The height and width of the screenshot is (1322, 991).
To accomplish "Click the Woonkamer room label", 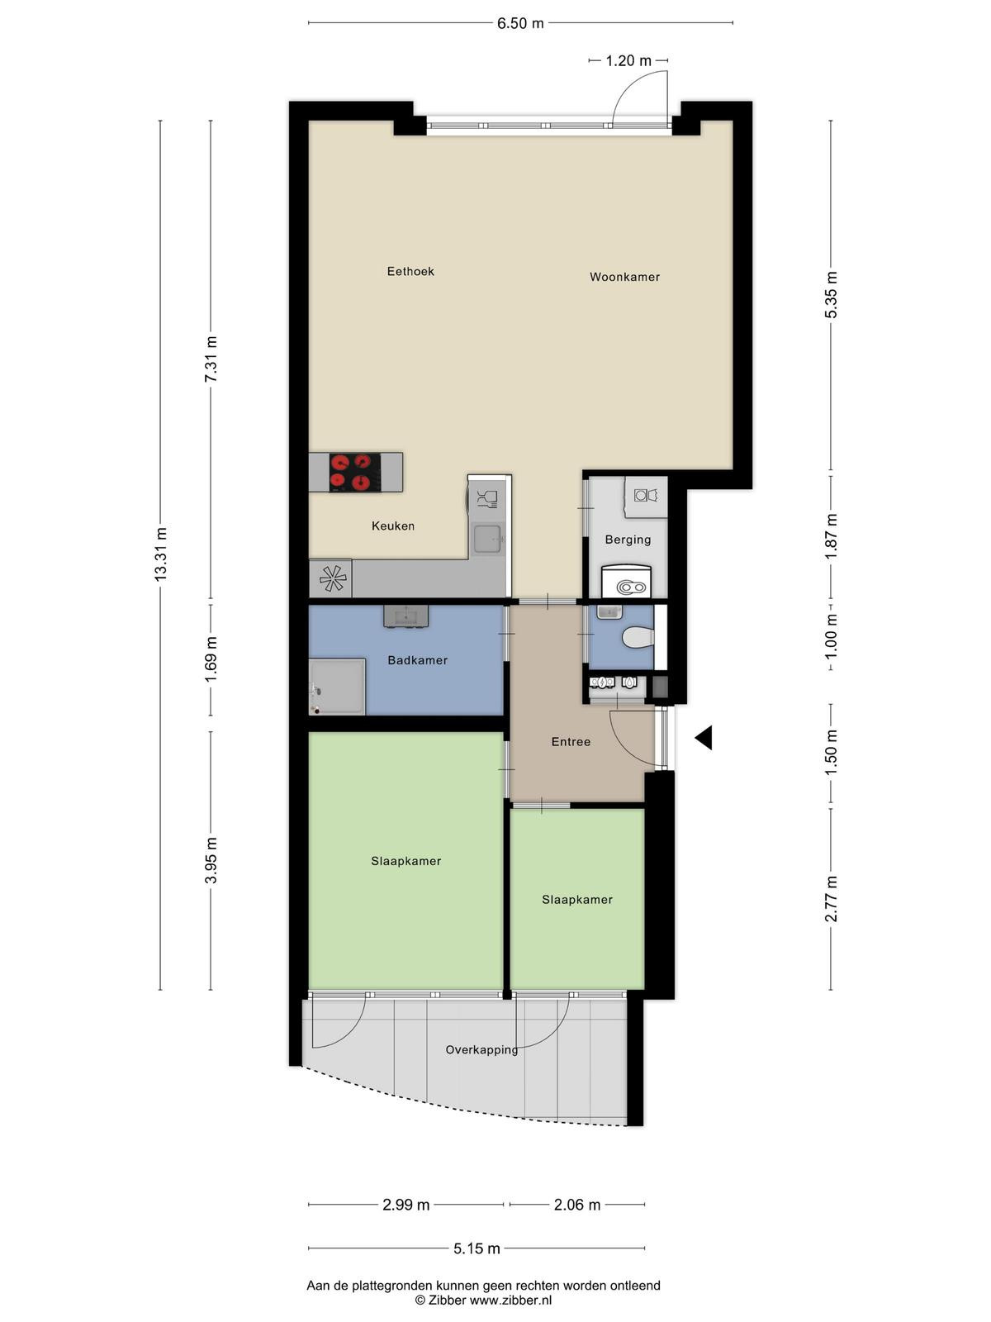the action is (624, 277).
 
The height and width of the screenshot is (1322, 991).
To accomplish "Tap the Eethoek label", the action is (410, 271).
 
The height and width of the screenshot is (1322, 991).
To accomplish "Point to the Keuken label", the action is (393, 525).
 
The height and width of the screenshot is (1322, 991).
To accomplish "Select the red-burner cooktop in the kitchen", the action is (355, 472).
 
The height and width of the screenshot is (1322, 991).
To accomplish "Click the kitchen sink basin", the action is (486, 539).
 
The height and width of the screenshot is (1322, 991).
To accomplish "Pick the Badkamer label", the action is (418, 660).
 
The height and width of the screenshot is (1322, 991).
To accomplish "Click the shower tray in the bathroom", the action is (337, 687).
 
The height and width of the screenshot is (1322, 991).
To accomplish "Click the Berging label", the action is (628, 540).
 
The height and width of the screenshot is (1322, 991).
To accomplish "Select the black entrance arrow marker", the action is (704, 737).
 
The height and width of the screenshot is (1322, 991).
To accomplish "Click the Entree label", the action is (571, 741).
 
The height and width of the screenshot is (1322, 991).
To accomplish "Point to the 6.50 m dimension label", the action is (520, 23).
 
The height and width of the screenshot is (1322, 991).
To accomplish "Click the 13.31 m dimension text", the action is (161, 554).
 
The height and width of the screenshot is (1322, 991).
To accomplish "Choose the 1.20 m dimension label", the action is (628, 60).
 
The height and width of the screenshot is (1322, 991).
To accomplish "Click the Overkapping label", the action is (481, 1050).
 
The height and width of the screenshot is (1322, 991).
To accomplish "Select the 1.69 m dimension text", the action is (211, 660).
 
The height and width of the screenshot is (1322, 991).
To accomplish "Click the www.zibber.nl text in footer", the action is (510, 1301).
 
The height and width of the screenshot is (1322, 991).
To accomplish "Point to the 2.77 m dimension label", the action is (831, 899).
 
